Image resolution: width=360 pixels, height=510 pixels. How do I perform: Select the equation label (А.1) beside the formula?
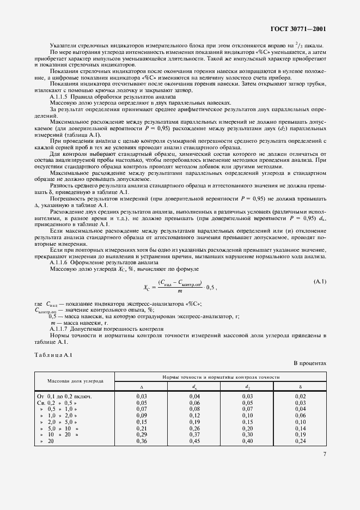pos(319,281)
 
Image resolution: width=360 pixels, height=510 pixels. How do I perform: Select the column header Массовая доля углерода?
pos(75,381)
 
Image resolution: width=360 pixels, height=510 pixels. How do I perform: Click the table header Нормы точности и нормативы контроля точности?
pos(221,377)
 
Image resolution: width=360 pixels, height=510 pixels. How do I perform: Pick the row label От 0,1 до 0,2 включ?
pos(64,397)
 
